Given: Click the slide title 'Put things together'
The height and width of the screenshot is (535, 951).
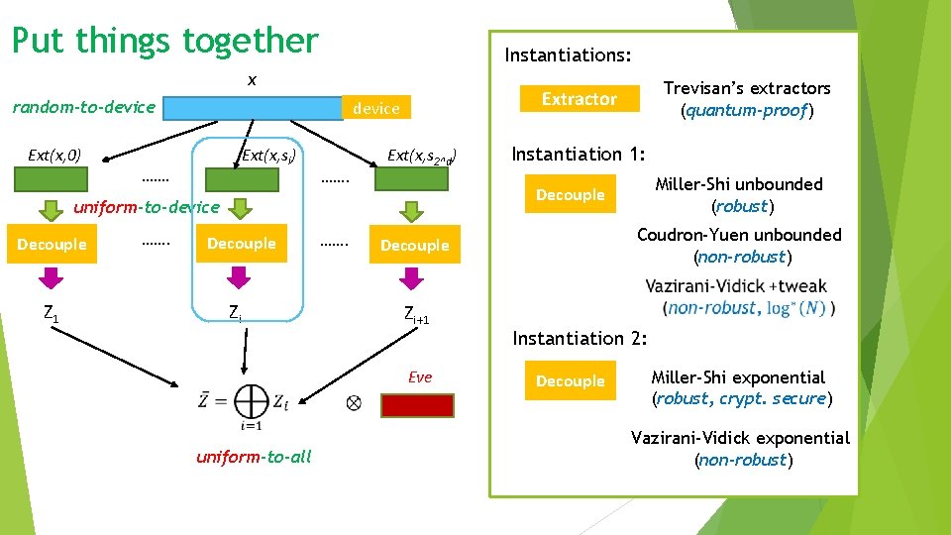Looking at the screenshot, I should tap(164, 41).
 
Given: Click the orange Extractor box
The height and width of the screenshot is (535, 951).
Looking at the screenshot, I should tap(579, 99).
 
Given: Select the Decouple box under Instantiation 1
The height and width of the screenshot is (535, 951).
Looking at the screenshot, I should tap(570, 195).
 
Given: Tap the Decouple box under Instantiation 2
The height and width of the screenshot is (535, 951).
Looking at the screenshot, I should tap(570, 381).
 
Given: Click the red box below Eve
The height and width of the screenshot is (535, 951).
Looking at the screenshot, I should tap(417, 405).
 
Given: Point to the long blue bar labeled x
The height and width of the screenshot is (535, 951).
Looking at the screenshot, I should tap(252, 108).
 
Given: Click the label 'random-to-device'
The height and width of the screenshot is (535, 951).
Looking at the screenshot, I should tap(83, 107).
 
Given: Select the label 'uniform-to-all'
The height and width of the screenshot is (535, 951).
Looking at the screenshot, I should tap(254, 456).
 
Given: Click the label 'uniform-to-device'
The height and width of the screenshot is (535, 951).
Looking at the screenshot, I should tap(147, 206).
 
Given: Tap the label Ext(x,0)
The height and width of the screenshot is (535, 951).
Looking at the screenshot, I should tap(54, 155).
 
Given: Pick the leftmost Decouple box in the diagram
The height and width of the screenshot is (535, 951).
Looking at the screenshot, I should tap(52, 245).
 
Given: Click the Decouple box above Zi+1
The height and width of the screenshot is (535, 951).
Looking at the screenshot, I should tap(414, 246).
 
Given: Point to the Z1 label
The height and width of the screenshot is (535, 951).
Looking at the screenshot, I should tap(51, 314).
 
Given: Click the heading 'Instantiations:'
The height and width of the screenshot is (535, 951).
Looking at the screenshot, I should tap(568, 54).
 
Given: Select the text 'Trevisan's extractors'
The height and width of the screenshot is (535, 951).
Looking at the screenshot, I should tap(747, 88).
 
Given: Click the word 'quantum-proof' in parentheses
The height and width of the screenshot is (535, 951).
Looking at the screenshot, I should tap(746, 111).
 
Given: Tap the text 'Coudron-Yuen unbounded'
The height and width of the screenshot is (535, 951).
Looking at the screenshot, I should tap(739, 235).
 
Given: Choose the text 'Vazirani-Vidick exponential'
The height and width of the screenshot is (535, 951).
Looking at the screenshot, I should tap(740, 438).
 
